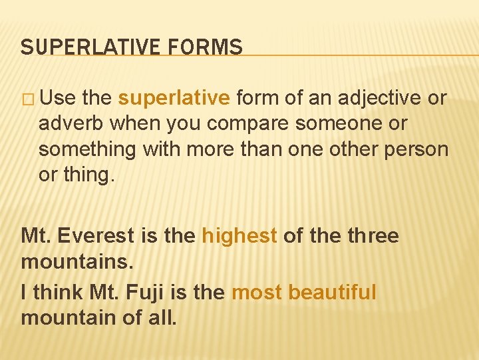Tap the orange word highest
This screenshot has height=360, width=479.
click(x=239, y=236)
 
